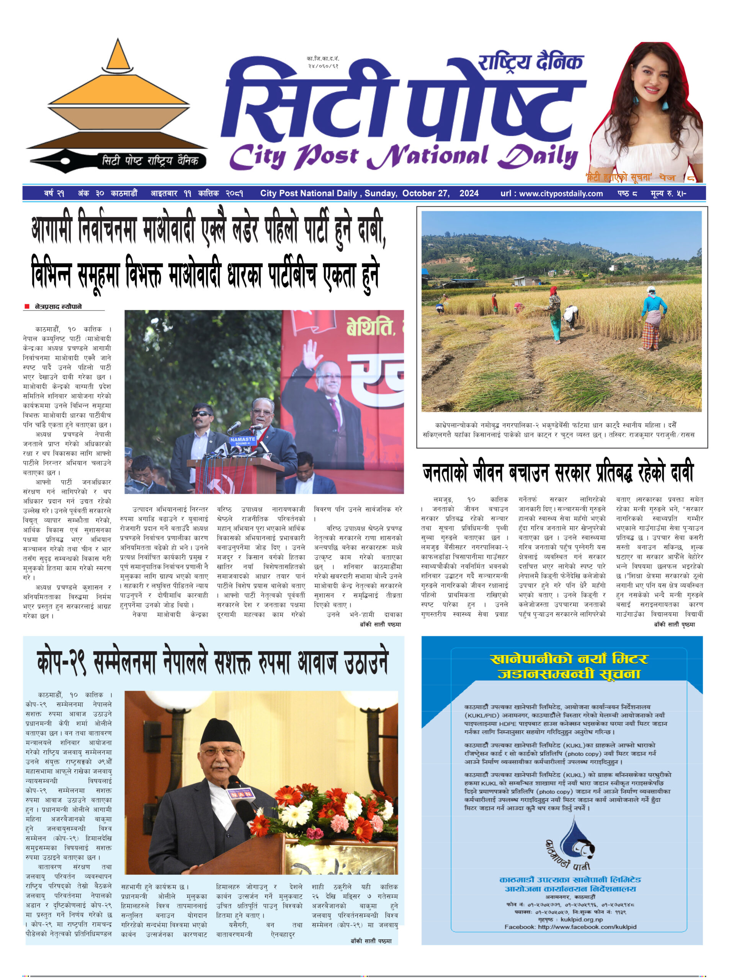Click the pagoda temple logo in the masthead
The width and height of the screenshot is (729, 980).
click(117, 95)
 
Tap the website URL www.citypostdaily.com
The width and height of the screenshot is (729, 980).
click(561, 193)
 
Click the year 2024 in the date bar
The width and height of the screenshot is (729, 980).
click(469, 193)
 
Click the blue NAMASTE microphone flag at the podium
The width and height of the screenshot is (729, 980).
click(242, 440)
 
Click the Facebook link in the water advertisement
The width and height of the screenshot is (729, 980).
click(570, 927)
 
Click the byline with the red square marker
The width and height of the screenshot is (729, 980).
click(58, 306)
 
